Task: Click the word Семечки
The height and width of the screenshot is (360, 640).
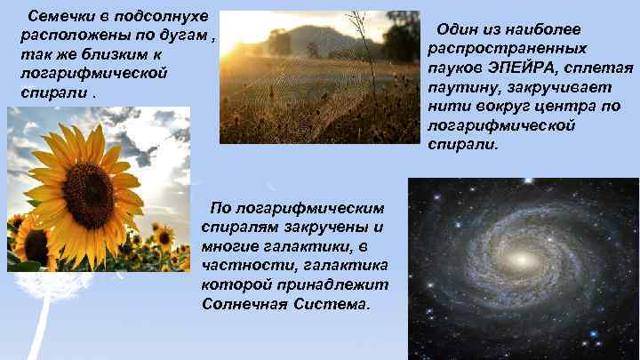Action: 57,17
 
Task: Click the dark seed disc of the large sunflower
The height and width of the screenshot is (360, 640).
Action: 88,193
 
